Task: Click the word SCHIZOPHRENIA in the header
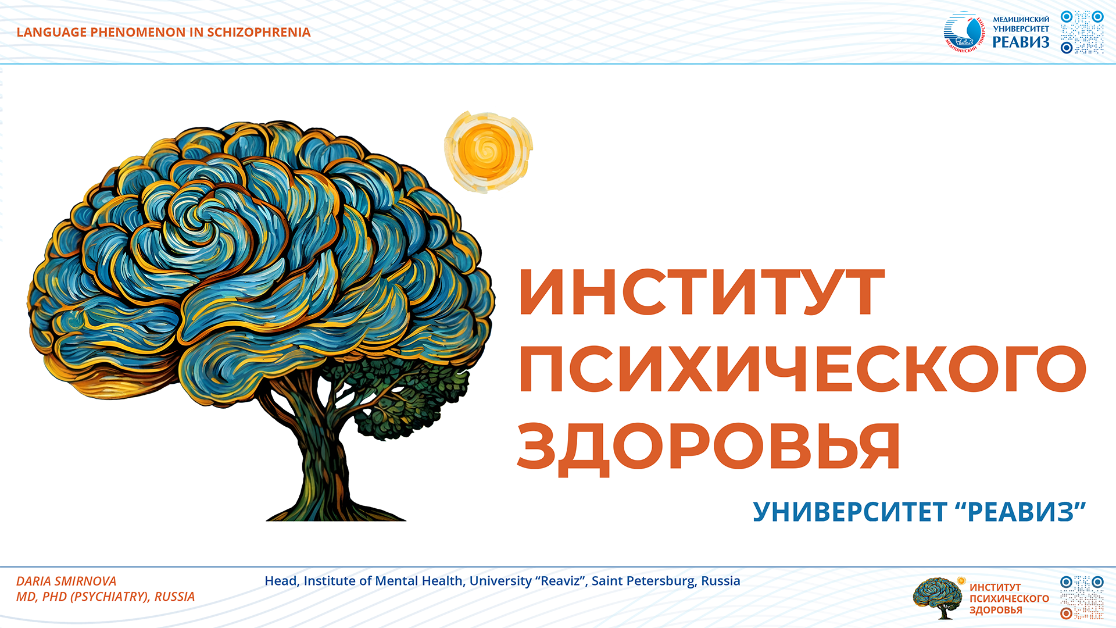point(259,33)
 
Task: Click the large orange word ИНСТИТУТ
point(702,292)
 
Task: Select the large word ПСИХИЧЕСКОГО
point(802,369)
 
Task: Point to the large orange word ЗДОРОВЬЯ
point(709,447)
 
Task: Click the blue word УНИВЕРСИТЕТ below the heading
point(850,512)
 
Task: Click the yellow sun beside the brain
point(488,152)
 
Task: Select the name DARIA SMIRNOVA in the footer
point(66,581)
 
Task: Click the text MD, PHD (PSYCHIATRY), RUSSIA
point(105,597)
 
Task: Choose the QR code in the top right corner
point(1082,33)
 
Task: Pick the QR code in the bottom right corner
point(1082,598)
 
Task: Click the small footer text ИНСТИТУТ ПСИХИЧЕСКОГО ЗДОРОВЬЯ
point(1009,599)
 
